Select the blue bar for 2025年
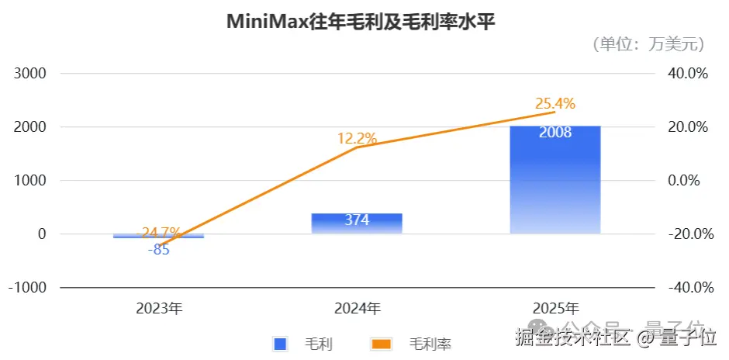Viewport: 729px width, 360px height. click(555, 186)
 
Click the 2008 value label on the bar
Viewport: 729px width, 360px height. click(555, 132)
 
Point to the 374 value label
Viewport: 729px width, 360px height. click(357, 220)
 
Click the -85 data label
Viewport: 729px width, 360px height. click(158, 250)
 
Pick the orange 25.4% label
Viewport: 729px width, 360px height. click(555, 103)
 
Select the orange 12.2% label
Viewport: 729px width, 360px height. click(357, 139)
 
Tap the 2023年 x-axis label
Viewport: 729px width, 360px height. click(159, 308)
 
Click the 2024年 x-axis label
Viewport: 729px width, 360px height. click(358, 308)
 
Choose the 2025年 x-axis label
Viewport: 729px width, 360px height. click(555, 308)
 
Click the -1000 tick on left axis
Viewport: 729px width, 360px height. click(29, 287)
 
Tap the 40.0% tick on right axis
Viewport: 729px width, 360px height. click(689, 74)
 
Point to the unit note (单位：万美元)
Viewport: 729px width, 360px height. click(648, 44)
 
